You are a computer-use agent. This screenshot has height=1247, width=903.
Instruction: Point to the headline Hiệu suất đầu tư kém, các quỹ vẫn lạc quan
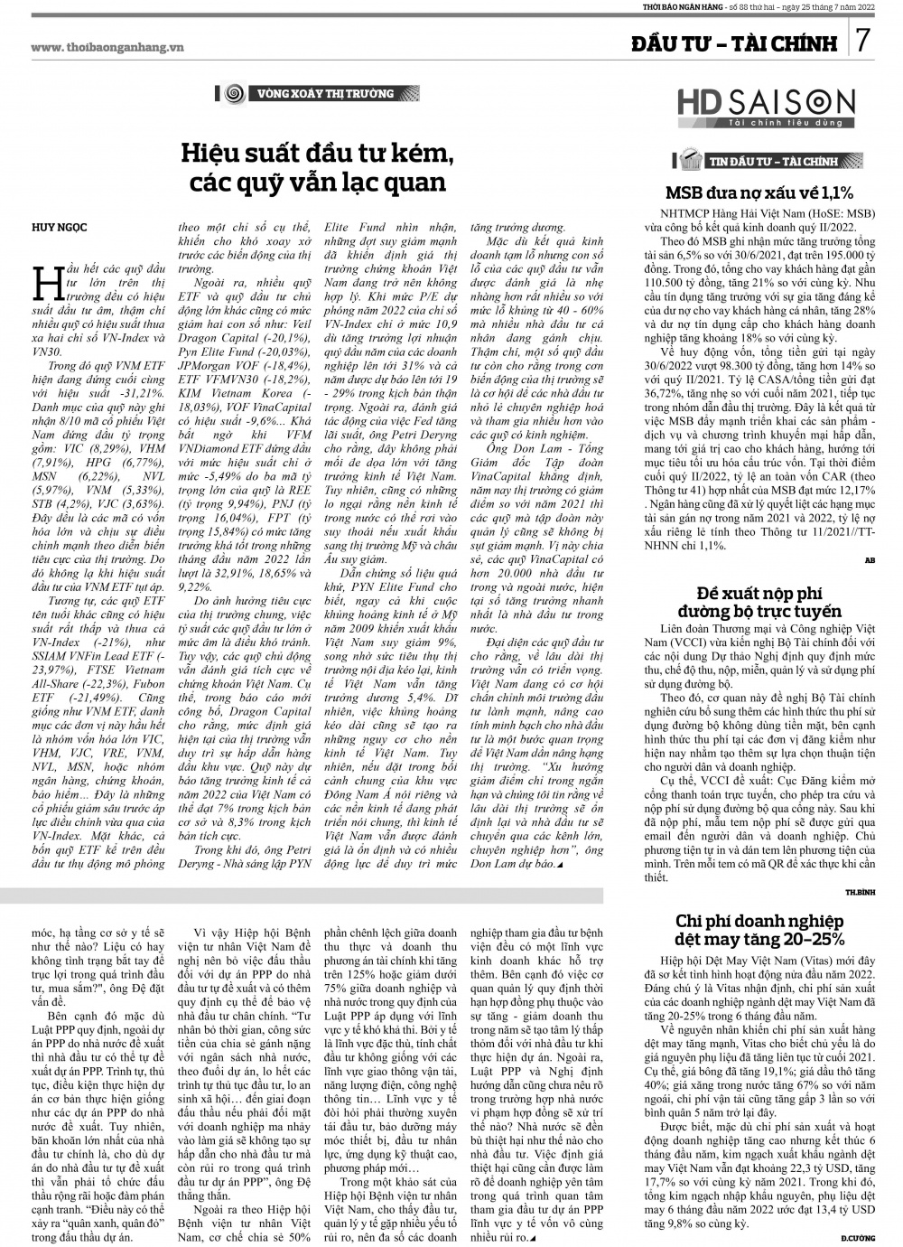click(317, 166)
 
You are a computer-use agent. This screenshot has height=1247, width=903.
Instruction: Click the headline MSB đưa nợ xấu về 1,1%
click(759, 192)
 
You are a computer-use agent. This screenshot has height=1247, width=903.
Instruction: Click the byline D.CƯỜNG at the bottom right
click(859, 1235)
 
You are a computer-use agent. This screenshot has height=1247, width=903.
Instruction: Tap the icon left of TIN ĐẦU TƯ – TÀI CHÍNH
click(692, 162)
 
